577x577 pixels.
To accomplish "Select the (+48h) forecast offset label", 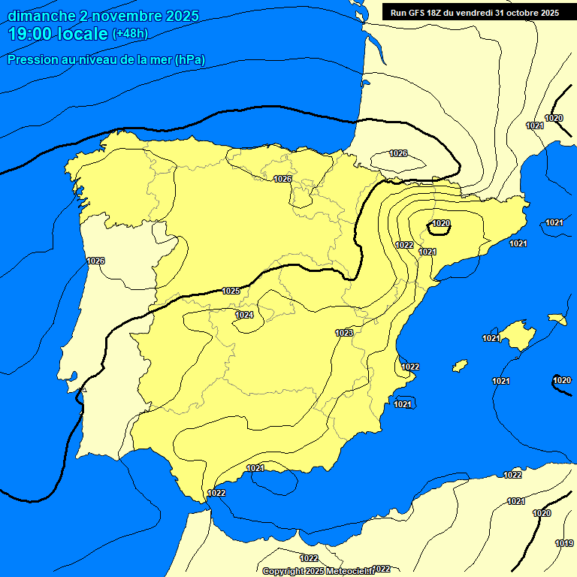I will click(130, 34).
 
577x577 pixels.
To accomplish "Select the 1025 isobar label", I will click(231, 291).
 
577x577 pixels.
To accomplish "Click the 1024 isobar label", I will click(244, 315).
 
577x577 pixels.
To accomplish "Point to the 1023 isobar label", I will click(344, 332).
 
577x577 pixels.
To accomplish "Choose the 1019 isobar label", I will click(564, 543).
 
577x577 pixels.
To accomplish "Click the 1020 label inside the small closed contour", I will click(441, 223).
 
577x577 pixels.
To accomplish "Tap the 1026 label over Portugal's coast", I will click(95, 261).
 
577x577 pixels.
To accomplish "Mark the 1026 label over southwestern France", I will click(398, 153).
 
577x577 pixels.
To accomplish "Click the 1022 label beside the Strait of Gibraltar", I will click(216, 493).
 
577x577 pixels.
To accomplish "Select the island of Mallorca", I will click(518, 332).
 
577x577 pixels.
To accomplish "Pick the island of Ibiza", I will click(460, 366).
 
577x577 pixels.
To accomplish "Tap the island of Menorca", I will click(557, 319).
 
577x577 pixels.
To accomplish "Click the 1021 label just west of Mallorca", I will click(491, 338).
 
